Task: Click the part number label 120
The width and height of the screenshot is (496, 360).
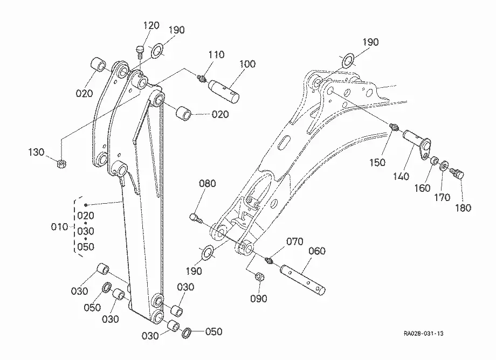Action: [151, 25]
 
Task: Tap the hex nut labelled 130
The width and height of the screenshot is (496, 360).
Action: [61, 164]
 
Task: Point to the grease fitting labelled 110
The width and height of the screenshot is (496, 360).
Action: [201, 78]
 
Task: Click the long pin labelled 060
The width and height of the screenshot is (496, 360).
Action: [302, 280]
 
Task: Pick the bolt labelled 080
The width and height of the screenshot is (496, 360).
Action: [196, 218]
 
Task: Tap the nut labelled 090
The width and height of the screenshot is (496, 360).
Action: [260, 277]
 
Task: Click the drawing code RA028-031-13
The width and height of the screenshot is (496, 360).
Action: [423, 334]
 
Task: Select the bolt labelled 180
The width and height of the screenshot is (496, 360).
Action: [457, 174]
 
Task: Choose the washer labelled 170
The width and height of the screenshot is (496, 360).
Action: [444, 165]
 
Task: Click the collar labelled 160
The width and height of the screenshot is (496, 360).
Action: [434, 160]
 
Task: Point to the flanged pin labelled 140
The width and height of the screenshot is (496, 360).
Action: [417, 144]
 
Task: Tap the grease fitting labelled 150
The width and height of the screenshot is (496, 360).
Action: [394, 127]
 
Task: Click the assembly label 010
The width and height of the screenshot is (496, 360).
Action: [59, 227]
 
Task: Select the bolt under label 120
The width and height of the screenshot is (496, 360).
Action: [140, 52]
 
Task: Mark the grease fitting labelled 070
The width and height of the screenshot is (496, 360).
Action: [268, 260]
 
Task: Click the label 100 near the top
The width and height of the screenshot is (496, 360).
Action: [247, 64]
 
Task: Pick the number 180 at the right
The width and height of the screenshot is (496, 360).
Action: [463, 207]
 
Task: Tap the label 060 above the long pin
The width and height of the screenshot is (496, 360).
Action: [316, 251]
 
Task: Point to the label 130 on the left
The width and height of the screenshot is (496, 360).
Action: [36, 152]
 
